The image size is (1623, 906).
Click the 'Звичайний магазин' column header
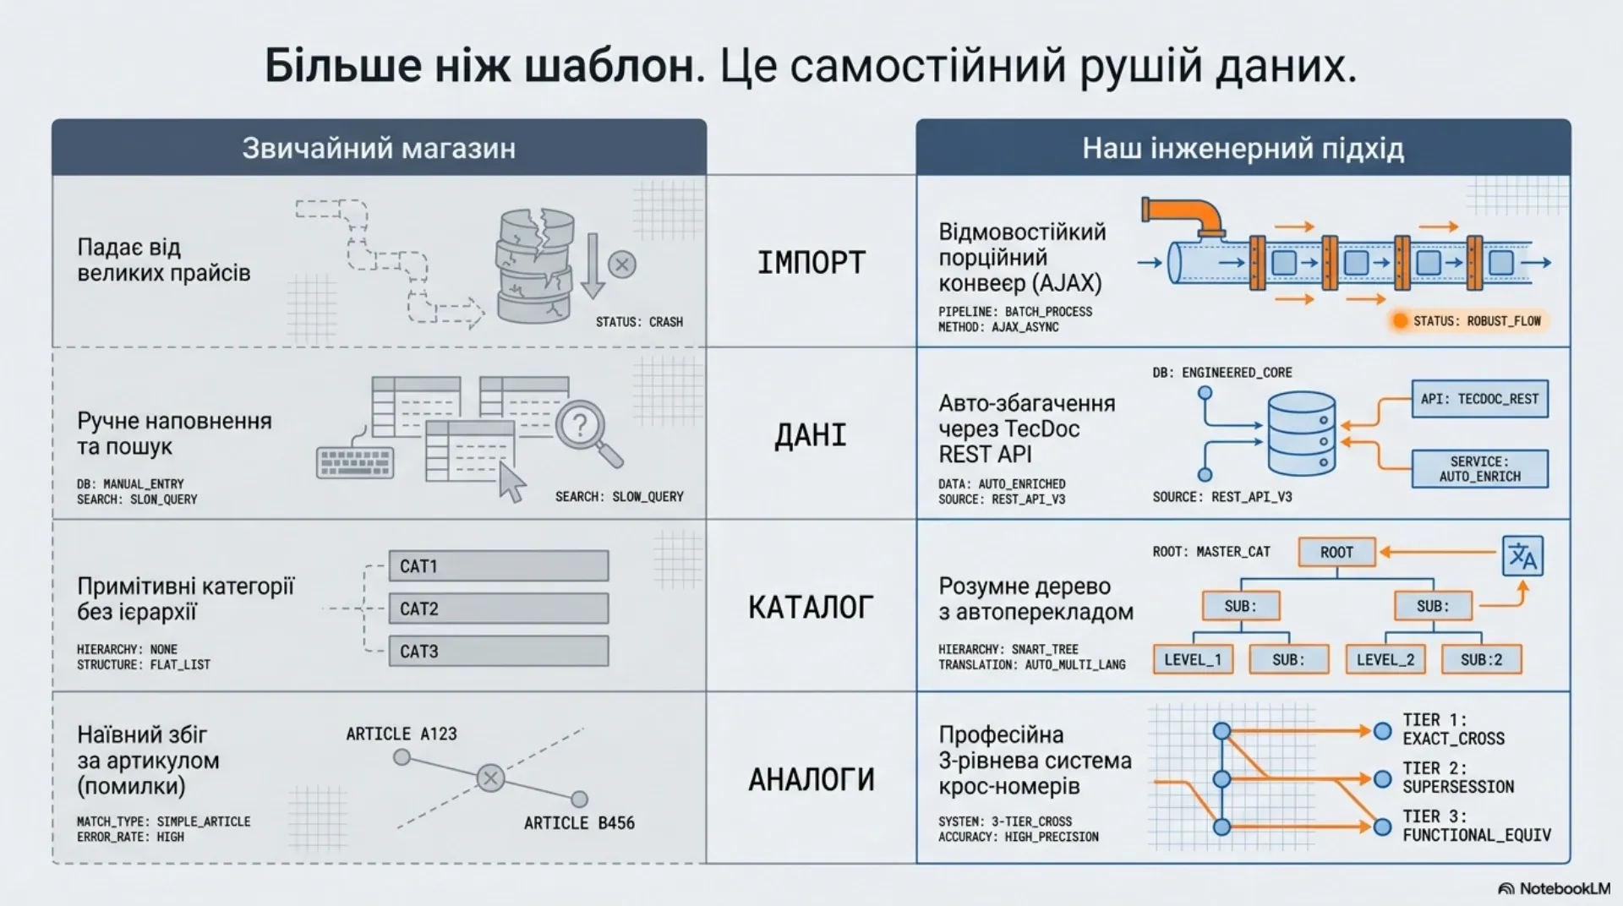click(x=379, y=148)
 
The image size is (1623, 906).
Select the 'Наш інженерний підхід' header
click(x=1243, y=148)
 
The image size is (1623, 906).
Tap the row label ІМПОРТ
click(x=811, y=263)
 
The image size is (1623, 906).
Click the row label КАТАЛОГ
click(x=811, y=607)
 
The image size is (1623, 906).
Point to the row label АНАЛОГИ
click(x=811, y=779)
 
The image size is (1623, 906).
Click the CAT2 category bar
click(x=499, y=609)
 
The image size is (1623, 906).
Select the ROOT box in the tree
click(x=1336, y=552)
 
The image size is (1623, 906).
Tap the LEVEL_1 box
click(x=1193, y=659)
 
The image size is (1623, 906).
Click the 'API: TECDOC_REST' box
click(x=1479, y=399)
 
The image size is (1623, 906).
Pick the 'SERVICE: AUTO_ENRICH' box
click(x=1479, y=469)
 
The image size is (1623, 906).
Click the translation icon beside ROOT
click(x=1522, y=556)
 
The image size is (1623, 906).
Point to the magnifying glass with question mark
click(x=588, y=434)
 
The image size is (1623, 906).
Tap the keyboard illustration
click(x=355, y=461)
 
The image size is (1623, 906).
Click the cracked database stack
click(x=534, y=266)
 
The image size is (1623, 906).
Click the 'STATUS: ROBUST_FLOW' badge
click(x=1469, y=321)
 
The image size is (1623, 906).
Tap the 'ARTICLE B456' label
click(x=579, y=823)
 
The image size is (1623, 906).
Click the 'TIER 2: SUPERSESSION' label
click(x=1458, y=778)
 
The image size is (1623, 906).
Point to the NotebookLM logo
click(x=1555, y=888)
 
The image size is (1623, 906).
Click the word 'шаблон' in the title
click(x=615, y=66)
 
